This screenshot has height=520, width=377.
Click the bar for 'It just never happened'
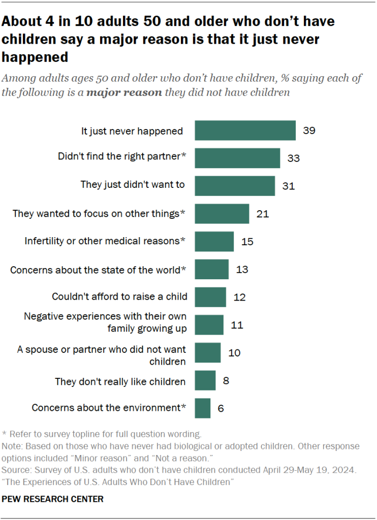click(245, 131)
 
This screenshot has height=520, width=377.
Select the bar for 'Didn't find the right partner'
click(237, 158)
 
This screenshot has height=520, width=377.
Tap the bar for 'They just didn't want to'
click(235, 186)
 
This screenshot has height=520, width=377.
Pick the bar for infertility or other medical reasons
click(214, 241)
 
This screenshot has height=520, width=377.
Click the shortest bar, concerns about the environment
click(202, 408)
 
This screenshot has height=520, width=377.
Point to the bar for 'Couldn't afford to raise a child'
click(210, 297)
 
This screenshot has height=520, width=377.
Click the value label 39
click(309, 131)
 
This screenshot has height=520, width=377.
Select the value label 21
click(262, 214)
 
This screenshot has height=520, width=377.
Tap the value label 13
click(242, 269)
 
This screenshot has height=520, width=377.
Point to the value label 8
click(227, 380)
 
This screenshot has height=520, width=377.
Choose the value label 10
click(234, 352)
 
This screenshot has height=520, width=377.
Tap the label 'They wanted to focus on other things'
click(99, 214)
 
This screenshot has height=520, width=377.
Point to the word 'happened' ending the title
click(35, 57)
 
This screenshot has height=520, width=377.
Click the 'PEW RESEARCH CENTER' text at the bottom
click(53, 499)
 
